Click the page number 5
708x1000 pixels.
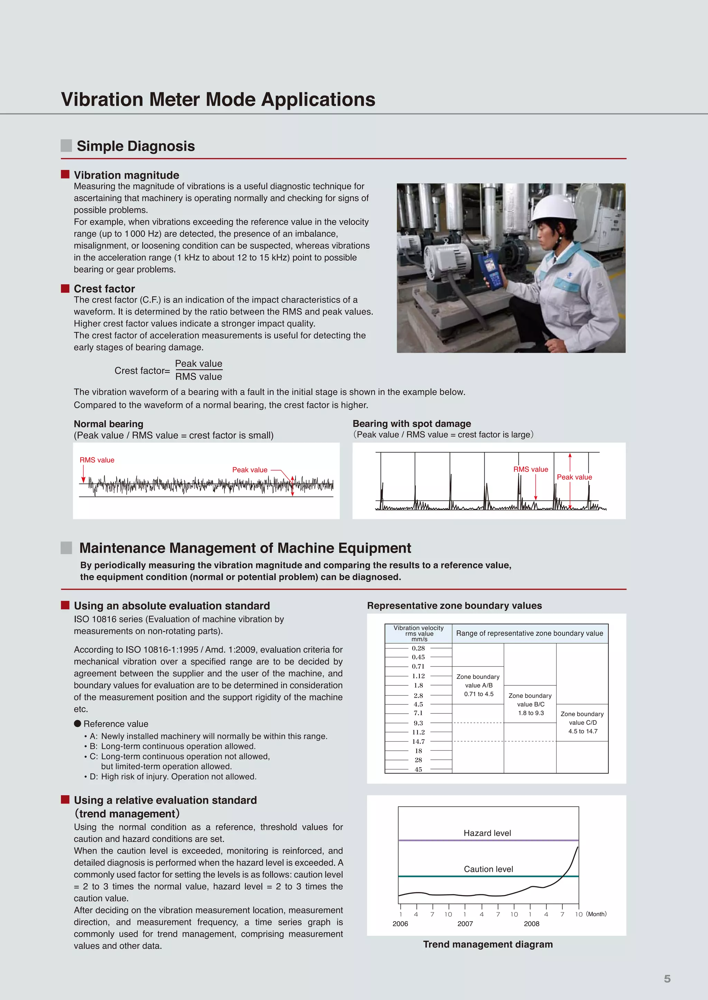coord(667,979)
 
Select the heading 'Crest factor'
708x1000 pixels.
coord(104,289)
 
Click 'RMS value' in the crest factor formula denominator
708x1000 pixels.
coord(198,377)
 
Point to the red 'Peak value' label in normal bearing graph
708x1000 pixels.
coord(249,470)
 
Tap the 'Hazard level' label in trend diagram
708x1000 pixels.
coord(487,833)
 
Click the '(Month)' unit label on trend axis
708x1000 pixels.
coord(596,914)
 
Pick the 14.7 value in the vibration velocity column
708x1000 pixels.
coord(418,741)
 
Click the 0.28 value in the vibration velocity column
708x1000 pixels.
coord(418,648)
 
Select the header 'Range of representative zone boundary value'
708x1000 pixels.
coord(529,633)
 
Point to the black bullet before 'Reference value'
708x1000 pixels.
coord(77,723)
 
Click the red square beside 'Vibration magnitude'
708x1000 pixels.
coord(65,174)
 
